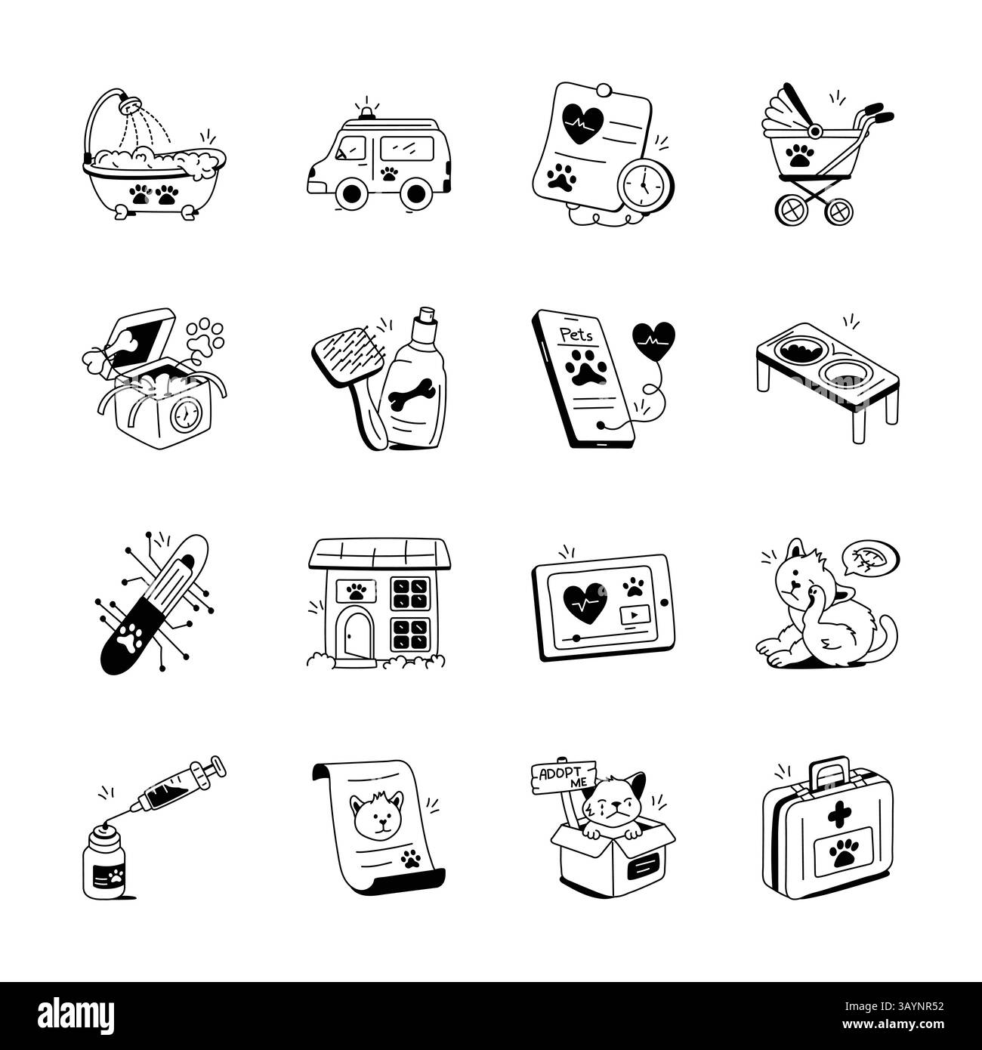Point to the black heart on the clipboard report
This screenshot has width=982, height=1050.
pyautogui.click(x=583, y=122)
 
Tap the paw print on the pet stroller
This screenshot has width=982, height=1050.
pyautogui.click(x=799, y=156)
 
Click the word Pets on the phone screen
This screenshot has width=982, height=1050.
pyautogui.click(x=576, y=335)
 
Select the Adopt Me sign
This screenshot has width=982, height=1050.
pyautogui.click(x=564, y=777)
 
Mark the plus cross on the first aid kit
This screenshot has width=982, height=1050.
pyautogui.click(x=838, y=817)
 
